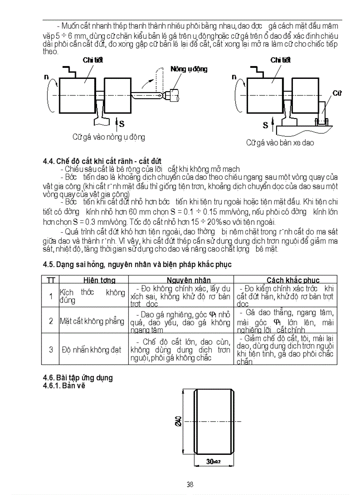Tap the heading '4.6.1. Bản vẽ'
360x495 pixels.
(64, 385)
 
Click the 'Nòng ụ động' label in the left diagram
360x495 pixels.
(189, 69)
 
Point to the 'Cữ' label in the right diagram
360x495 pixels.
(337, 93)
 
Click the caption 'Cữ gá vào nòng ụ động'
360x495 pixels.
(109, 137)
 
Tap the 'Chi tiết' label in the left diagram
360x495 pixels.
(93, 60)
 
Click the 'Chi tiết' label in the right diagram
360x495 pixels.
(281, 60)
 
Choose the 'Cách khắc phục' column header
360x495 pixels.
(293, 280)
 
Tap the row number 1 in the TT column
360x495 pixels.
(51, 296)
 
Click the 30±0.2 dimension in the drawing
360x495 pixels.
(214, 461)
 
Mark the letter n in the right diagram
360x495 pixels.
(234, 77)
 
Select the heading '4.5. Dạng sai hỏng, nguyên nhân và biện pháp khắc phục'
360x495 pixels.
(137, 264)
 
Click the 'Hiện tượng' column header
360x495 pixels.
(99, 280)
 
